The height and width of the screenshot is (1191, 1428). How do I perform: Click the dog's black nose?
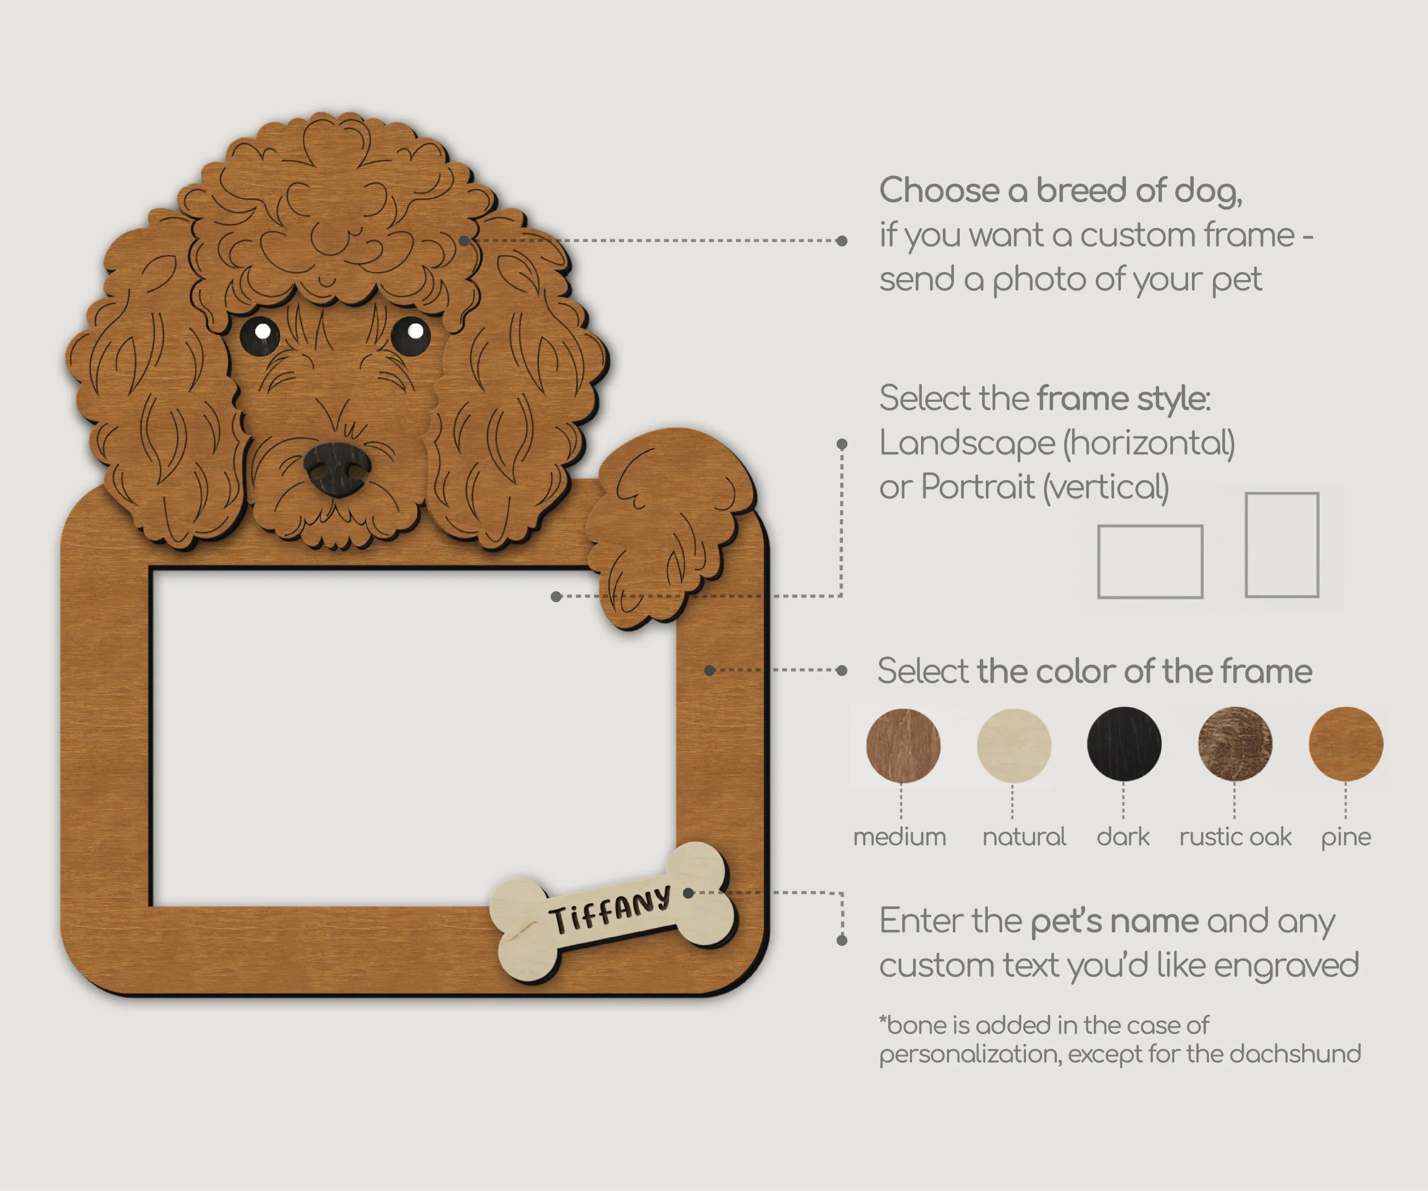pos(337,469)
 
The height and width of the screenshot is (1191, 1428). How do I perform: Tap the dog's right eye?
pos(411,335)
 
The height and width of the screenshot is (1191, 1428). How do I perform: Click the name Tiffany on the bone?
pos(610,910)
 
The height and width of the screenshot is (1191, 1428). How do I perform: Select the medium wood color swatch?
pos(903,745)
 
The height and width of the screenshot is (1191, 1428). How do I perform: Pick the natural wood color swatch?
pos(1014,745)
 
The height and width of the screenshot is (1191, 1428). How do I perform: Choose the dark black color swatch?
pos(1124,744)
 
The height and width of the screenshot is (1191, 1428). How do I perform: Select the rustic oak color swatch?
pos(1235,744)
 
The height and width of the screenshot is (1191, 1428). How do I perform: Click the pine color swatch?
pos(1346,744)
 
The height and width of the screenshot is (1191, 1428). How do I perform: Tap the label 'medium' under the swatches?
pos(900,837)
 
